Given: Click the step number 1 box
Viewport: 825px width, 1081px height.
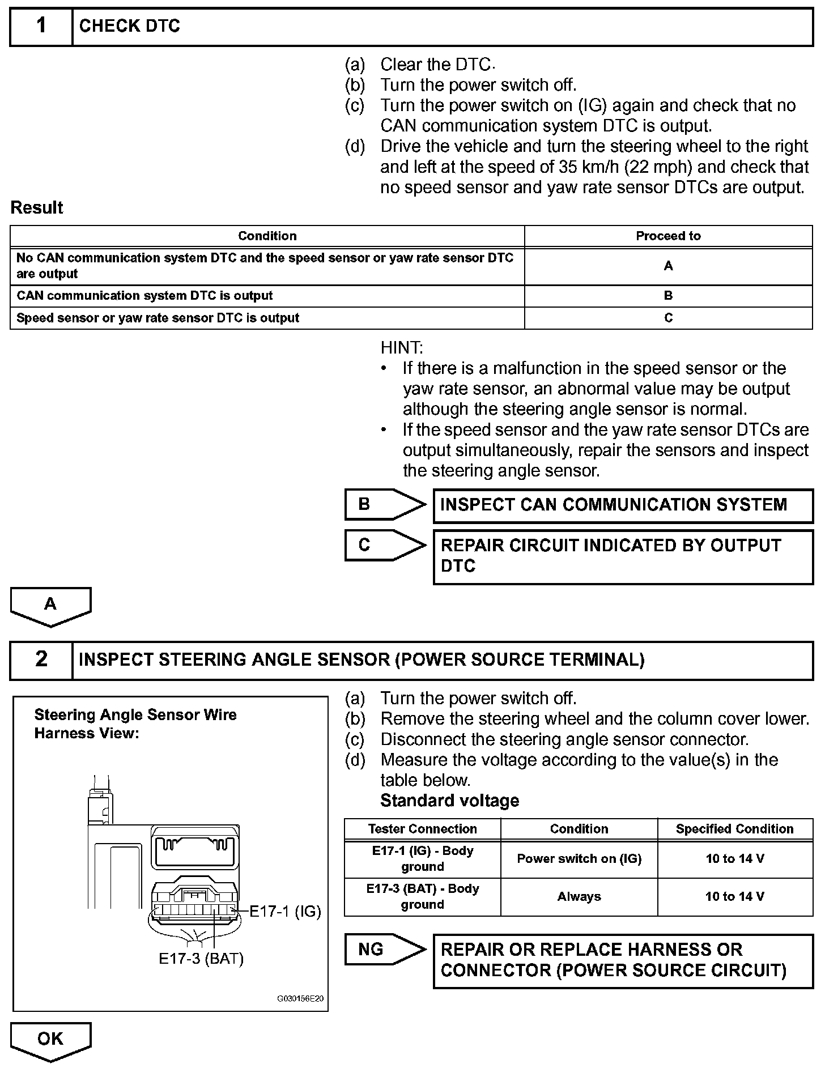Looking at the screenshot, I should click(x=41, y=27).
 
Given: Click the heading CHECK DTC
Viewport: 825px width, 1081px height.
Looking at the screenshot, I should click(x=130, y=27).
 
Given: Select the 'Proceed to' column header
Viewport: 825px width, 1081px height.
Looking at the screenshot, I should click(x=668, y=236).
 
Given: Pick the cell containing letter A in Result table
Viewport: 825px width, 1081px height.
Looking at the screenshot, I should click(x=668, y=266).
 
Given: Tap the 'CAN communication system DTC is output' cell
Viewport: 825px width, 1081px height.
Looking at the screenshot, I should click(x=144, y=296).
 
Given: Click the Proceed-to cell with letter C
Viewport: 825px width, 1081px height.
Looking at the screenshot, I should click(x=668, y=318).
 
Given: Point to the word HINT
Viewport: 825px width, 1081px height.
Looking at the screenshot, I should click(x=402, y=347).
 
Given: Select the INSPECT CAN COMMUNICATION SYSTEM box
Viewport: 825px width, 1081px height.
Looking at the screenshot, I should click(x=622, y=505).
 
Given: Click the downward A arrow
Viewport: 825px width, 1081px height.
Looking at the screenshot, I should click(x=50, y=606).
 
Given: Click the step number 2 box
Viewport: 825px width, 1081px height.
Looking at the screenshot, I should click(x=41, y=659).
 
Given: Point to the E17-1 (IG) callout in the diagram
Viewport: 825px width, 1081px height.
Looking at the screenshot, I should click(x=286, y=911).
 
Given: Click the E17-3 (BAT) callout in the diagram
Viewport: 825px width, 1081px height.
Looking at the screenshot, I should click(x=201, y=959).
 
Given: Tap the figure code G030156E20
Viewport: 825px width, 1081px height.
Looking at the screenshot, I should click(x=300, y=998).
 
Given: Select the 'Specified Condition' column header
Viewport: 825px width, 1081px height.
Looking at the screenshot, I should click(x=734, y=829).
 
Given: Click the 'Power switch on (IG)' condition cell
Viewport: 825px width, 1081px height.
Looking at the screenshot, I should click(x=579, y=859).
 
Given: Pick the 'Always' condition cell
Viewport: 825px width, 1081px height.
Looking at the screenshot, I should click(x=579, y=896).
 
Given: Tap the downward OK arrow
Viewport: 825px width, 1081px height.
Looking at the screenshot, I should click(x=50, y=1040).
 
